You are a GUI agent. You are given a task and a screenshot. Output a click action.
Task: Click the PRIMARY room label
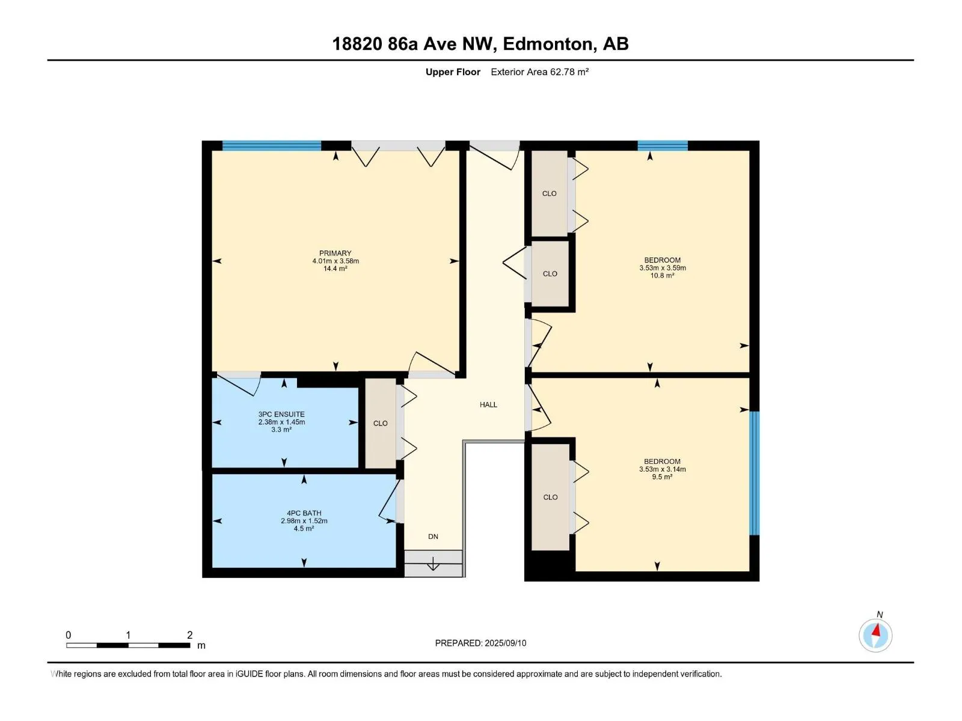click(335, 253)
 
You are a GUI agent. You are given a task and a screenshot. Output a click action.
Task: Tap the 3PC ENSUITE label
click(281, 414)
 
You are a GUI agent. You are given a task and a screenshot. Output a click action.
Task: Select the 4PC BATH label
click(304, 513)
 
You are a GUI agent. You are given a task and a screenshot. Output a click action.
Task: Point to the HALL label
click(488, 404)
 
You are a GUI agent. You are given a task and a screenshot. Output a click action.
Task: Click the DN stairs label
click(433, 537)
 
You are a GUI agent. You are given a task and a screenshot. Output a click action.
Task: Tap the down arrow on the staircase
click(433, 564)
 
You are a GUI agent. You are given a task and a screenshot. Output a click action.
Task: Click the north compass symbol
click(875, 635)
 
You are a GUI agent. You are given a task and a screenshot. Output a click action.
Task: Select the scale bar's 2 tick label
click(190, 634)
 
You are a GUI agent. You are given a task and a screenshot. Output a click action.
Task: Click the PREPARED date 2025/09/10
click(505, 643)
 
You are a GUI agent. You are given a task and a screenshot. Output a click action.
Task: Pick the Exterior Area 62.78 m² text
click(539, 71)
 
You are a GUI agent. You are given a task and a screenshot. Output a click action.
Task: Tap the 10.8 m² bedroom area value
click(662, 275)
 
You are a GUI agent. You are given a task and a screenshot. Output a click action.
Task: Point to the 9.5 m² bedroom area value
click(662, 476)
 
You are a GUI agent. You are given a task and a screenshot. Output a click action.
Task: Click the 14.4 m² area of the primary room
click(335, 269)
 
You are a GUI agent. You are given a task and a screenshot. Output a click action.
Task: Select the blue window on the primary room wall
click(272, 145)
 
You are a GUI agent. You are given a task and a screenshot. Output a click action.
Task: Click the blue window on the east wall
click(754, 473)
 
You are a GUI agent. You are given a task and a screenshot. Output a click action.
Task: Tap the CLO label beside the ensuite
click(381, 424)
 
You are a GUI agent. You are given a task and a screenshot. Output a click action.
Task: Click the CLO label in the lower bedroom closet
click(551, 497)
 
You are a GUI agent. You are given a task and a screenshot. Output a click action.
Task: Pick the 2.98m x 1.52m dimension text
click(304, 521)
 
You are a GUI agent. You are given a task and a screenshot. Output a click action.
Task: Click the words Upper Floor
click(453, 71)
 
